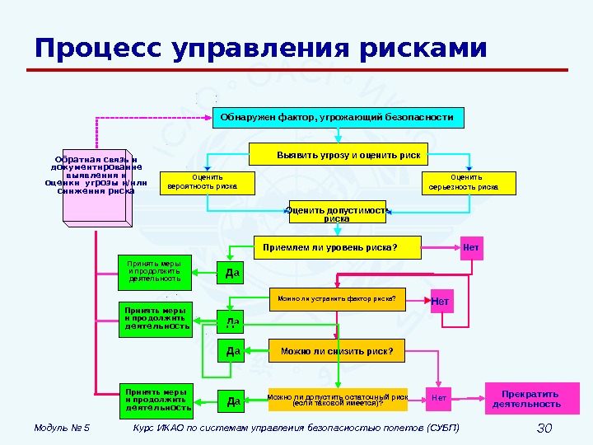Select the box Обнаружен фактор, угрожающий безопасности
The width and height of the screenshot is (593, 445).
[339, 118]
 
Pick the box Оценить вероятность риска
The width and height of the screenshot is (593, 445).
[202, 182]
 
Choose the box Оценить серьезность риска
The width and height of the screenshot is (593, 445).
[468, 182]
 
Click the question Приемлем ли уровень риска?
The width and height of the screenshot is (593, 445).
[336, 246]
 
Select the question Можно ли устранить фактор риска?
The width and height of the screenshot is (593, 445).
[337, 299]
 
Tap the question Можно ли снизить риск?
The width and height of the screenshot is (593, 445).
[337, 352]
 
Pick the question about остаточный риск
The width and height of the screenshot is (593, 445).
[338, 400]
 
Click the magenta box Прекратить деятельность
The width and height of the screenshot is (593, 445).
[525, 399]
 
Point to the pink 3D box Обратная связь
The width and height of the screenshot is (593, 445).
[95, 185]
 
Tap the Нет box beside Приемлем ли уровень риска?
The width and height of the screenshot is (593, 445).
[471, 247]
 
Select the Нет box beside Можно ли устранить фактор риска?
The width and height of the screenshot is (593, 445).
[440, 302]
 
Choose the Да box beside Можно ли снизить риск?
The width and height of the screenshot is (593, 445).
[232, 353]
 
